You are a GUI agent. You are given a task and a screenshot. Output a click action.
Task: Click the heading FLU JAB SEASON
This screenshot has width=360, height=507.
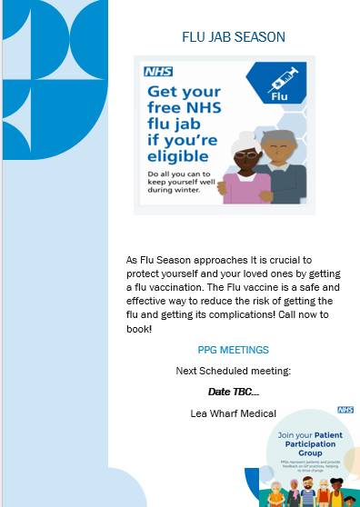click(234, 37)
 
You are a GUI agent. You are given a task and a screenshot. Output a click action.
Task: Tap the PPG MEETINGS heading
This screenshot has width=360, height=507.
click(233, 350)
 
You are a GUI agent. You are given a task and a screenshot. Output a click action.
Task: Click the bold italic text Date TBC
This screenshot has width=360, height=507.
click(233, 392)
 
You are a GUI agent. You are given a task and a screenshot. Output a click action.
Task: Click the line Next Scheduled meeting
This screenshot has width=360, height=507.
click(233, 371)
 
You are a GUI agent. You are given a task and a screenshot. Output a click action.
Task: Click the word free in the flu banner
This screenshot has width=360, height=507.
click(165, 114)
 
